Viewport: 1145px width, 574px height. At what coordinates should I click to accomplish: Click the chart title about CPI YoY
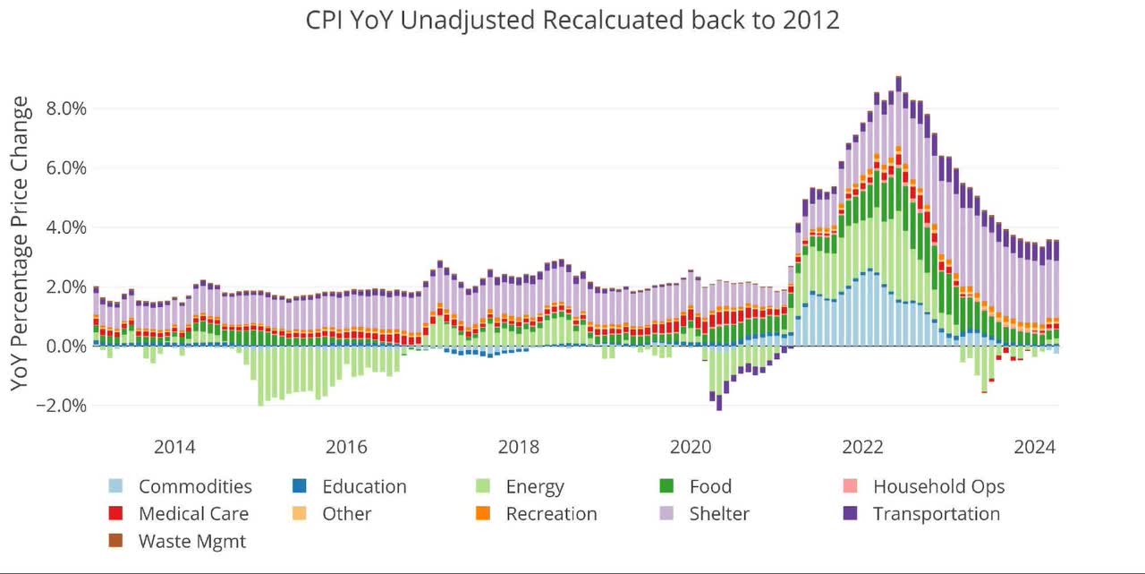click(573, 20)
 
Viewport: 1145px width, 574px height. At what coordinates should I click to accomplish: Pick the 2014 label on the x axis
click(175, 446)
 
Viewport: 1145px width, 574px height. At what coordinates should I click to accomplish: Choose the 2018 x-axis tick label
click(519, 446)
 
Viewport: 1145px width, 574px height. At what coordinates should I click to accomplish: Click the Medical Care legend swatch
click(115, 514)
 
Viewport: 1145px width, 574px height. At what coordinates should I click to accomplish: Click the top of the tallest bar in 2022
click(898, 78)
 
